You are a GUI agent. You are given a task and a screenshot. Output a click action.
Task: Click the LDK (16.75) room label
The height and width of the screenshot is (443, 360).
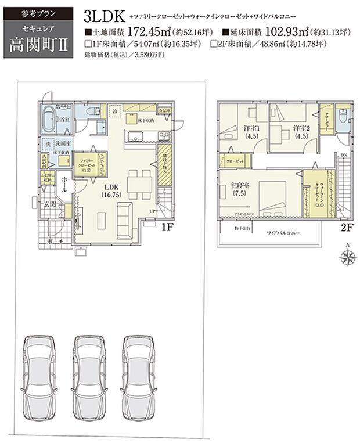tap(113, 190)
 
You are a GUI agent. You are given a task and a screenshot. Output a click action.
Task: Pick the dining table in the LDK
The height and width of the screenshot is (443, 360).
tap(138, 181)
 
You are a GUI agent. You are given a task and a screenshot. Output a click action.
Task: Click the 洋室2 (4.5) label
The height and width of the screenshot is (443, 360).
tap(300, 132)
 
